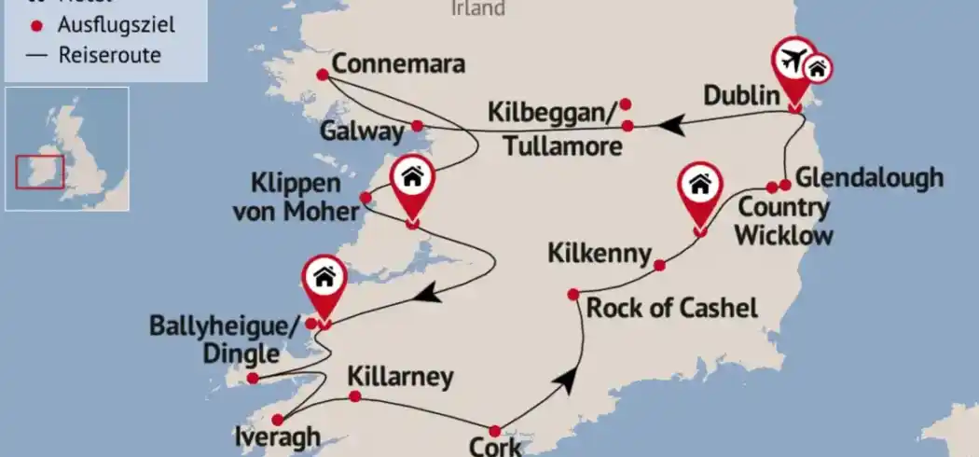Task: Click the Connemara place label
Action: [x=398, y=66]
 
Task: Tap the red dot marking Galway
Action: [x=418, y=126]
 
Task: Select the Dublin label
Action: [x=740, y=96]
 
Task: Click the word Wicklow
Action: [x=783, y=235]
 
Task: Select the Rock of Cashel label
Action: [x=671, y=308]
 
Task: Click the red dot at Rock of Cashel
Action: [x=573, y=294]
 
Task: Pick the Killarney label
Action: [x=400, y=378]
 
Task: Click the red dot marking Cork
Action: [x=495, y=431]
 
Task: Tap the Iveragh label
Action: [x=279, y=437]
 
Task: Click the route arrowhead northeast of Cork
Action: [x=566, y=380]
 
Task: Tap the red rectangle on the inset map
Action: [x=39, y=172]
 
